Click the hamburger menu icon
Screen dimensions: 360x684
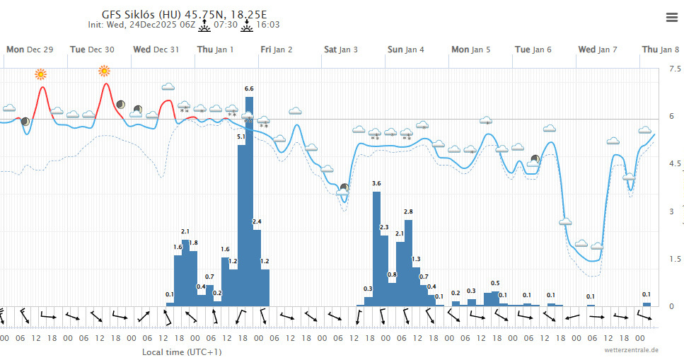point(671,18)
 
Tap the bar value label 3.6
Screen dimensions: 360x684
point(376,184)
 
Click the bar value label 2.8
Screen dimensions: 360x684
point(408,212)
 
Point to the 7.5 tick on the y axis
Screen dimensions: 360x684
point(675,69)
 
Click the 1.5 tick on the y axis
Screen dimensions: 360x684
point(675,260)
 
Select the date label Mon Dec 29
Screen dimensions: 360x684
point(30,50)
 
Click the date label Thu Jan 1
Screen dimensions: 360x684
point(215,50)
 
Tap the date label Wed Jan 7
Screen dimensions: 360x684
point(598,50)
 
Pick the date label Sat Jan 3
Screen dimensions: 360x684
point(341,50)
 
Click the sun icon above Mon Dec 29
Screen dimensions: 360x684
point(41,74)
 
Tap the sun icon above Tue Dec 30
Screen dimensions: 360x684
point(105,70)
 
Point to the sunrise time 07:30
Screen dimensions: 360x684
point(225,25)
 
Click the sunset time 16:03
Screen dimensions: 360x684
point(267,25)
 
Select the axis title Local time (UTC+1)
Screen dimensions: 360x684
point(182,352)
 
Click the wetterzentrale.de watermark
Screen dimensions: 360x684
point(632,350)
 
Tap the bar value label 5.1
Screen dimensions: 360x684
point(241,137)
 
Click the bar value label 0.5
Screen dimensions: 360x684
point(495,284)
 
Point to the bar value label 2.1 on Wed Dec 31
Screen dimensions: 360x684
point(185,232)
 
